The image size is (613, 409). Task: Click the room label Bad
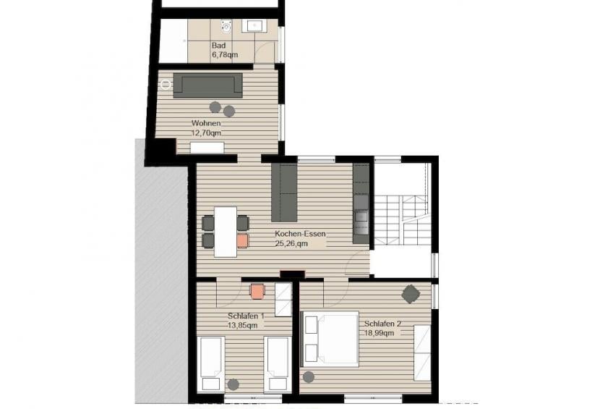(x=218, y=46)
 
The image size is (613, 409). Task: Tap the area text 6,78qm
(x=225, y=55)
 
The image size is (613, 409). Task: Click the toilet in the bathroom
(x=226, y=26)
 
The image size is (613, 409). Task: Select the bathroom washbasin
(x=254, y=25)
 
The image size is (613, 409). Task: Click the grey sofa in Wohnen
(x=207, y=85)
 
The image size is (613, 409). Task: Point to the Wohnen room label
(x=206, y=123)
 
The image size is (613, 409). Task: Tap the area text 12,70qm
(x=206, y=132)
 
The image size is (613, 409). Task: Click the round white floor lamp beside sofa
(x=166, y=85)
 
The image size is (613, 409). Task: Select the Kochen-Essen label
(x=300, y=234)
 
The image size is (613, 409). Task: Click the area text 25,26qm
(x=291, y=243)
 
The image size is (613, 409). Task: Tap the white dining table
(x=226, y=232)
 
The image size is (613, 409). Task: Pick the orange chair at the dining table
(x=243, y=241)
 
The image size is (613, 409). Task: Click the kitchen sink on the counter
(x=361, y=216)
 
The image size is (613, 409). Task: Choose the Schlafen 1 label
(x=246, y=316)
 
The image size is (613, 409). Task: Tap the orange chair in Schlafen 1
(x=257, y=291)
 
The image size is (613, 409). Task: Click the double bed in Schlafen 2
(x=329, y=339)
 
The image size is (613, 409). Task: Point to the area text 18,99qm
(x=380, y=333)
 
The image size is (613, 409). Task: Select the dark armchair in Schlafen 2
(x=411, y=294)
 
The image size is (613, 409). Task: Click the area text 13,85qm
(x=243, y=325)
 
